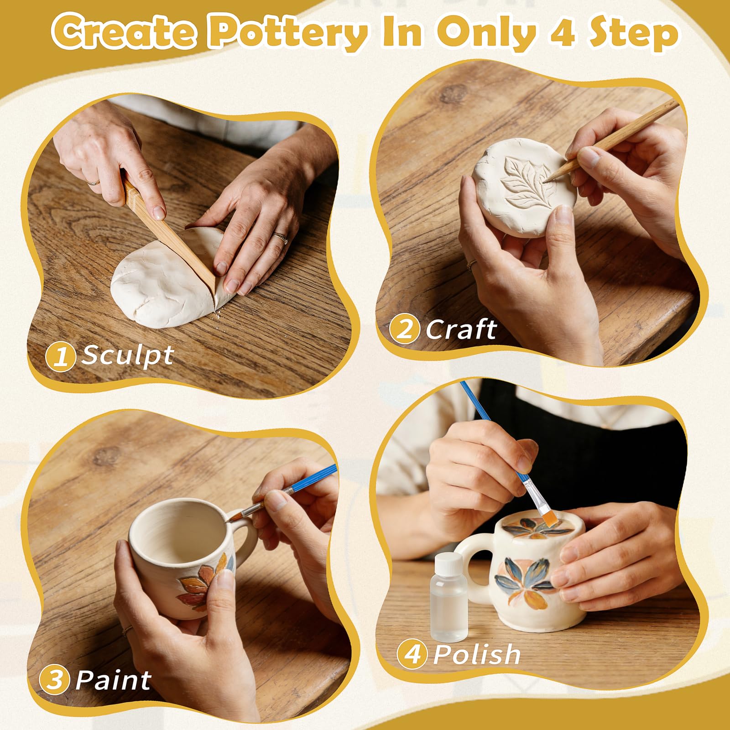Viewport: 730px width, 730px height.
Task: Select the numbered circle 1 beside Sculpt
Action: [x=60, y=356]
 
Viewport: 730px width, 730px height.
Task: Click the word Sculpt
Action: [x=127, y=355]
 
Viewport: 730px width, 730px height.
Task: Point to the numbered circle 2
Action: [x=404, y=329]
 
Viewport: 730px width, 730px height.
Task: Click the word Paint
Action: [x=113, y=680]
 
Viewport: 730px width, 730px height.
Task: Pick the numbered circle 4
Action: [x=412, y=654]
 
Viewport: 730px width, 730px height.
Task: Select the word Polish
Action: [x=477, y=654]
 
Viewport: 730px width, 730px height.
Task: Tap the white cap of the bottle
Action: [x=448, y=563]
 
